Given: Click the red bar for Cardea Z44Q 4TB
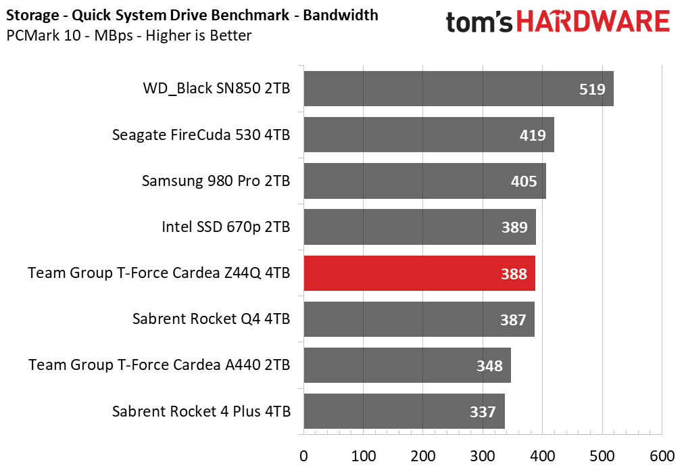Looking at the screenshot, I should [419, 273].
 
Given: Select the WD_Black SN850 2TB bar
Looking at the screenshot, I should [458, 89].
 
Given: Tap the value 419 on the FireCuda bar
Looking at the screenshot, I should [533, 135].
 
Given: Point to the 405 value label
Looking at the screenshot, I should [524, 181].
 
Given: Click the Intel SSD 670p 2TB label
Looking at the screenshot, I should [226, 227].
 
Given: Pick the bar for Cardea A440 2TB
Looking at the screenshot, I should [407, 365].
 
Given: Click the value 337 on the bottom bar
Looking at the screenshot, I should [483, 412].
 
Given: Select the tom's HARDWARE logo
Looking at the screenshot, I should [558, 22].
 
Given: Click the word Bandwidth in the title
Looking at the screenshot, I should [341, 15].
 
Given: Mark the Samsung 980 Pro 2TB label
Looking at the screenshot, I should [216, 181].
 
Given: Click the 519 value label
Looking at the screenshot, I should [592, 89].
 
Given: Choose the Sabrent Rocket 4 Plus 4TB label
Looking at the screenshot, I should [201, 411].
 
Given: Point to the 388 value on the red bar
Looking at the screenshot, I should [514, 274].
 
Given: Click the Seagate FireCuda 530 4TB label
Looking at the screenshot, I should [201, 135].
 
